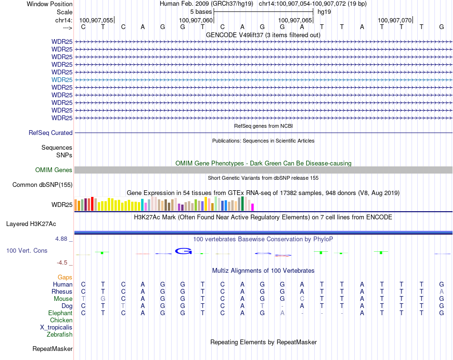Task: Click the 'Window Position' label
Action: click(x=50, y=4)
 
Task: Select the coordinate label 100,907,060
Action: click(x=196, y=20)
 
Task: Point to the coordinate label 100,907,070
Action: click(x=394, y=20)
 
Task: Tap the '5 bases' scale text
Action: click(x=201, y=11)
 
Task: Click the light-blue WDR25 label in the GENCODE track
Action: click(x=62, y=80)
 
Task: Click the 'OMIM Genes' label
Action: click(x=54, y=170)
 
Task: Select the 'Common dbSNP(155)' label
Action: click(x=42, y=185)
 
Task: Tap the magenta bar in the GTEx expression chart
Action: click(x=253, y=207)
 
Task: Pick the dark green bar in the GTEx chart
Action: click(x=243, y=204)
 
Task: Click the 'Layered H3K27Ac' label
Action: click(x=31, y=224)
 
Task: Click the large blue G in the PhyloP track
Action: click(x=183, y=251)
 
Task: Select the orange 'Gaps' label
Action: click(x=65, y=277)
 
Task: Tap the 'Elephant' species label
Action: click(x=60, y=313)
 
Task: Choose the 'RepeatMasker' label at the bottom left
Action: click(x=52, y=349)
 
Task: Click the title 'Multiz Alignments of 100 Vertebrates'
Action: click(x=263, y=270)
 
